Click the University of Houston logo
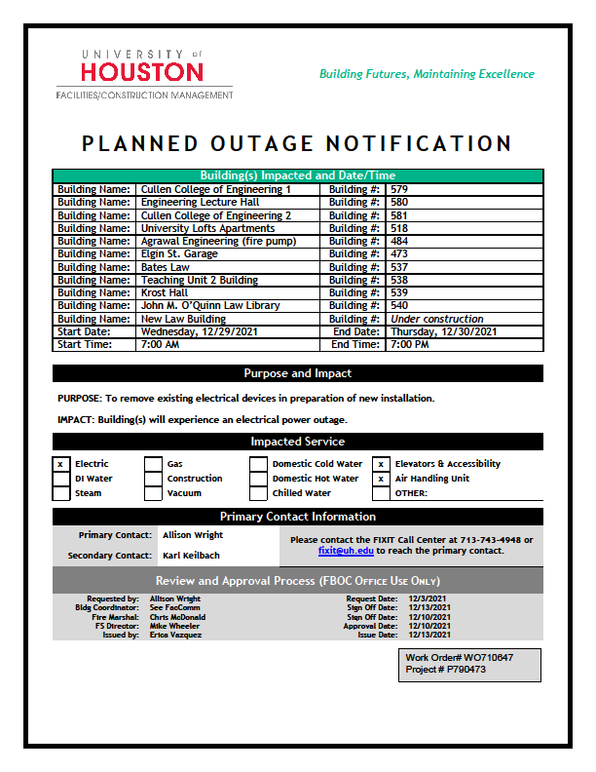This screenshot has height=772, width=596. pos(144,73)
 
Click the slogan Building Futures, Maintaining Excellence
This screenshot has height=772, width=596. pos(427,74)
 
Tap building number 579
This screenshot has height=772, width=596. pos(399,189)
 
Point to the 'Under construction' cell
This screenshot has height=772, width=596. pos(436,319)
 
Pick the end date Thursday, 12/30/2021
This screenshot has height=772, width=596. pos(443,331)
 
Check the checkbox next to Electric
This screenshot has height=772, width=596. pos(61,464)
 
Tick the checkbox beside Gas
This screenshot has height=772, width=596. pos(153,464)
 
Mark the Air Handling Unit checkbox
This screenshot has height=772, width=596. pos(381,479)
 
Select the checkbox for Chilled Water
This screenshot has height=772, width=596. pos(258,493)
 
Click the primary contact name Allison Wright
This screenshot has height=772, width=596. pos(193,535)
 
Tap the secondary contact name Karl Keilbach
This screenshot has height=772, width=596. pos(192,556)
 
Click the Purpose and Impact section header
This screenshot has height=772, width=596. pos(297,373)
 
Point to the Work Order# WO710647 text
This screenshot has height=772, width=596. pos(460,658)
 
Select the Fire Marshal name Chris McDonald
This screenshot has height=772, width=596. pos(178,617)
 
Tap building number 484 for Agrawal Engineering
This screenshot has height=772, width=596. pos(399,241)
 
